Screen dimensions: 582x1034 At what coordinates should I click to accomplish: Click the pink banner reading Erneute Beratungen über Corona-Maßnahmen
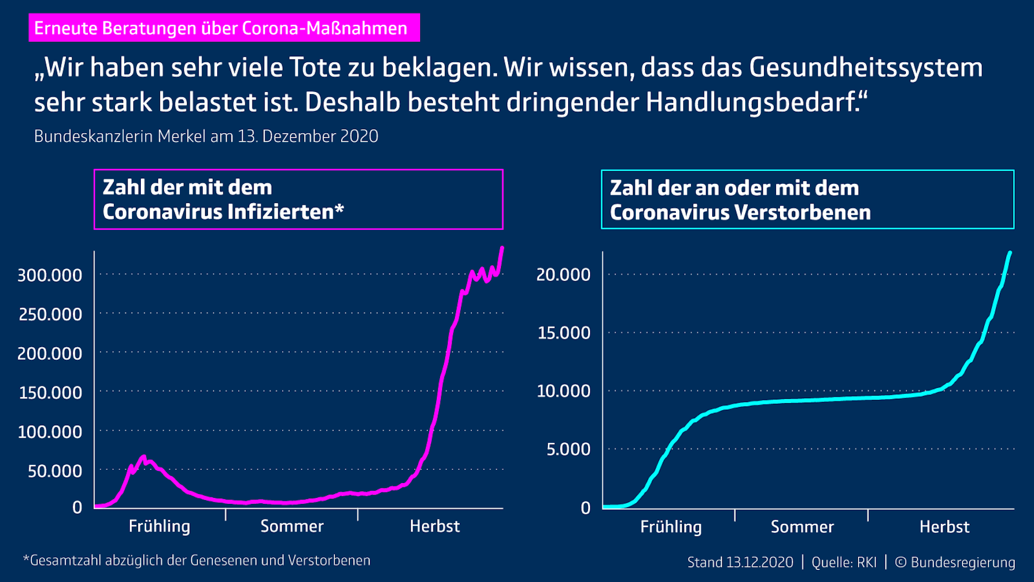point(224,28)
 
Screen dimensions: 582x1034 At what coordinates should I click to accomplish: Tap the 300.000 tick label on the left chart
point(50,275)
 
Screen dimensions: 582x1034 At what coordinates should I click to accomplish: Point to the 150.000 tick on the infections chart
point(50,393)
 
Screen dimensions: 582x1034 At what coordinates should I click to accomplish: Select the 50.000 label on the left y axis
point(54,471)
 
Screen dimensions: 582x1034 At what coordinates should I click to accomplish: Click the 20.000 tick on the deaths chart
point(563,274)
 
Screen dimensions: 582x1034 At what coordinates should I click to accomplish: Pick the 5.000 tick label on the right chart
point(568,449)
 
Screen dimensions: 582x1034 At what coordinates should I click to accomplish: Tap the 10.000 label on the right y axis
point(563,391)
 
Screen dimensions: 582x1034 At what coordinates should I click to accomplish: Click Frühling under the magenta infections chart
point(159,526)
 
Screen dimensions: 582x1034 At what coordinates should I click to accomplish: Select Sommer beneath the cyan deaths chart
point(802,527)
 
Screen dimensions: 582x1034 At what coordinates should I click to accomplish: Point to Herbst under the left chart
point(435,526)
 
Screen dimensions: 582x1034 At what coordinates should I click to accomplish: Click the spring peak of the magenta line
point(144,457)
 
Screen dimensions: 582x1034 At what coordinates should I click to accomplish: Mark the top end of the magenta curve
point(502,248)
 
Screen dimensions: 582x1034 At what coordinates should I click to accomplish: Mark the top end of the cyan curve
point(1010,253)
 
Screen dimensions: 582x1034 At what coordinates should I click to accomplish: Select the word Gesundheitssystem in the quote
point(866,68)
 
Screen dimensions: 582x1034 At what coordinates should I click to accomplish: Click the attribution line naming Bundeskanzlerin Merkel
point(206,136)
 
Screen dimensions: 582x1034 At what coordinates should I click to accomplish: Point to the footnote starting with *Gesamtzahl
point(196,561)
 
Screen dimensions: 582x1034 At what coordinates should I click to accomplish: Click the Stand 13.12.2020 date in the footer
point(740,562)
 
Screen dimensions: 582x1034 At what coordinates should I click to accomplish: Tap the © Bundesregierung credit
point(955,562)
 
